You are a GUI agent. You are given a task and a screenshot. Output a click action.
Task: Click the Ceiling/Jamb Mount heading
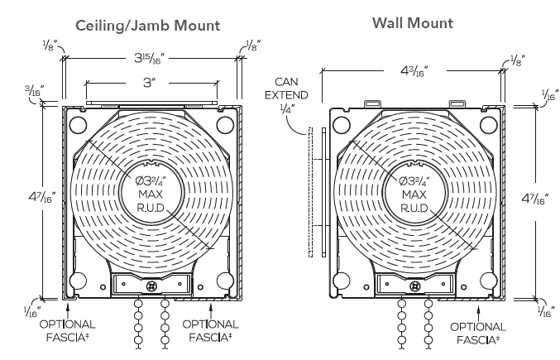point(148,26)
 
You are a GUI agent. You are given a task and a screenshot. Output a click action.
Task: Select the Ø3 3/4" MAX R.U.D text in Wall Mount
point(412,194)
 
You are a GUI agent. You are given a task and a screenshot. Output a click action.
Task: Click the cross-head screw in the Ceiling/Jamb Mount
point(152,285)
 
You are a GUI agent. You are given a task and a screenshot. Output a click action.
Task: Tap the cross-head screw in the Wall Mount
point(414,285)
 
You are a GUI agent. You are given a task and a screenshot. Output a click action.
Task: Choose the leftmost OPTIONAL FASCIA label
point(67,330)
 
